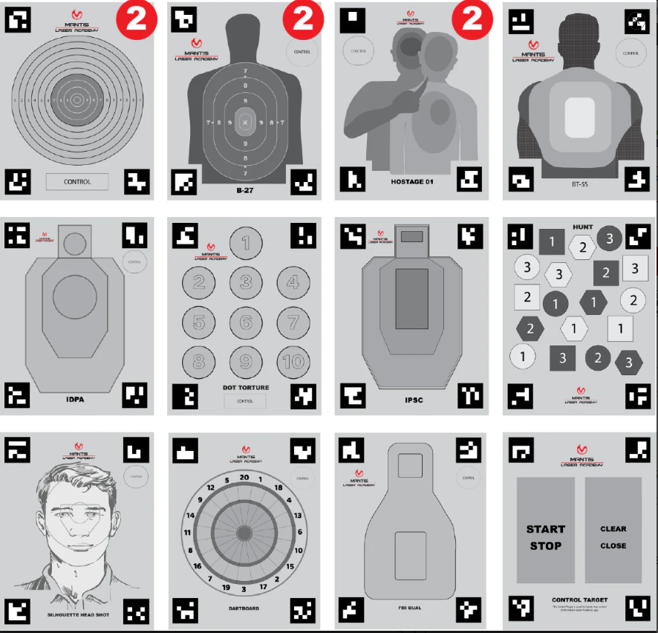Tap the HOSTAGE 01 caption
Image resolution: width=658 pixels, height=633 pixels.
(412, 181)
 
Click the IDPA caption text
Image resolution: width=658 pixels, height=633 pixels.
(75, 399)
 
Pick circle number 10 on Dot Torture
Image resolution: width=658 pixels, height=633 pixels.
(293, 362)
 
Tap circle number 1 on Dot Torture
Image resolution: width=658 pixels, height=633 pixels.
(246, 242)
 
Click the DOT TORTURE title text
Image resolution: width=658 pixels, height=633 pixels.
(246, 388)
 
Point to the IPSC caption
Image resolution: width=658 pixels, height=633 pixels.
(414, 399)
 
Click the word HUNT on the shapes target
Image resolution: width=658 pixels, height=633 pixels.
(582, 227)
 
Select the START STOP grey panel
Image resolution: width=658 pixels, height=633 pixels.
(545, 530)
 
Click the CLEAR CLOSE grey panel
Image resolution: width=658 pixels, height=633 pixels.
(613, 530)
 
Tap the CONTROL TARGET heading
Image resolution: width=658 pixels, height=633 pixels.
(580, 600)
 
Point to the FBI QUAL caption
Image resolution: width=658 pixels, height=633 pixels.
(410, 608)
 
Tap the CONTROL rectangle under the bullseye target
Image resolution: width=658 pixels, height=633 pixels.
(77, 181)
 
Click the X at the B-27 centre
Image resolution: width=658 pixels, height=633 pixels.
(246, 121)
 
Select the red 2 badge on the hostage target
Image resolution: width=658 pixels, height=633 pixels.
(473, 18)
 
